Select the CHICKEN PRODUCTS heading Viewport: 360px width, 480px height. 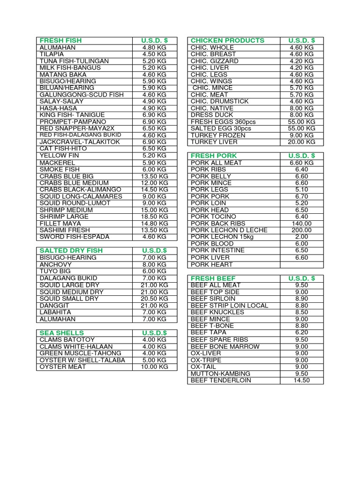[227, 41]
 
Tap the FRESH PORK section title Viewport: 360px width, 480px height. [214, 156]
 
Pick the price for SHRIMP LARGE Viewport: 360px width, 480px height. [154, 217]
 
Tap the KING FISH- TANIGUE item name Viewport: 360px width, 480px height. [72, 115]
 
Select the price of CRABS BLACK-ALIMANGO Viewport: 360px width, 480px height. [154, 189]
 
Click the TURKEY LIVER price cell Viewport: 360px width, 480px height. [302, 142]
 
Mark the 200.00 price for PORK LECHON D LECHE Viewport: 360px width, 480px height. [302, 230]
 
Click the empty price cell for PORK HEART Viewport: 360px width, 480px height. [302, 264]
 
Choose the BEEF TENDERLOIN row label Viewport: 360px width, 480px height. [221, 380]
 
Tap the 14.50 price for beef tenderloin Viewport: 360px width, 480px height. [302, 380]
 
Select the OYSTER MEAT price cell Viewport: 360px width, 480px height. [154, 367]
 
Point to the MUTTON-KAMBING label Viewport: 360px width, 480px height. [220, 374]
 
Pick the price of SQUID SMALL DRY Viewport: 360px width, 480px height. [154, 299]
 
